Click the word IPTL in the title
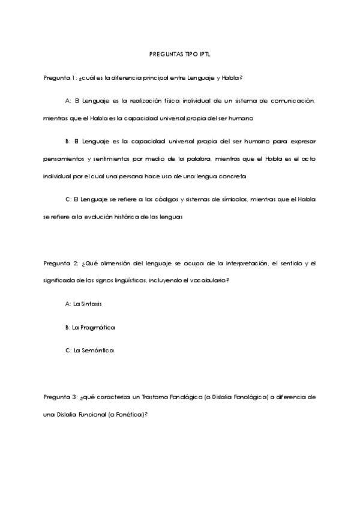tap(206, 54)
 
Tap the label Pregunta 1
tap(59, 78)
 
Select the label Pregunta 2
tap(59, 263)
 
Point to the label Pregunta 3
tap(59, 397)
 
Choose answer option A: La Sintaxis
tap(83, 304)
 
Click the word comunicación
tap(291, 101)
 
